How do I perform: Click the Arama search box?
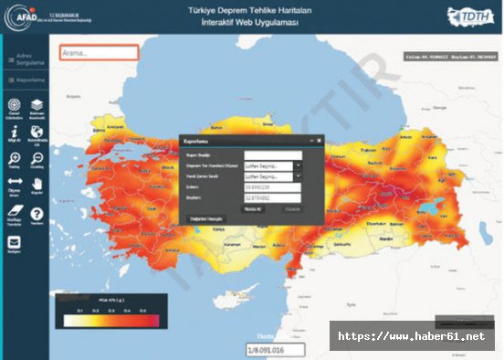coord(99,52)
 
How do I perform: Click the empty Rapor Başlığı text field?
coord(273,155)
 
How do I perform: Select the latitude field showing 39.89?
coord(273,186)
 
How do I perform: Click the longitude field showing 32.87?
coord(273,196)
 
